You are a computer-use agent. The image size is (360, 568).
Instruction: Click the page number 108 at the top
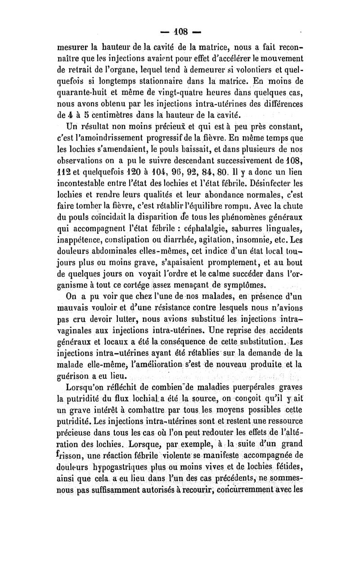[180, 33]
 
